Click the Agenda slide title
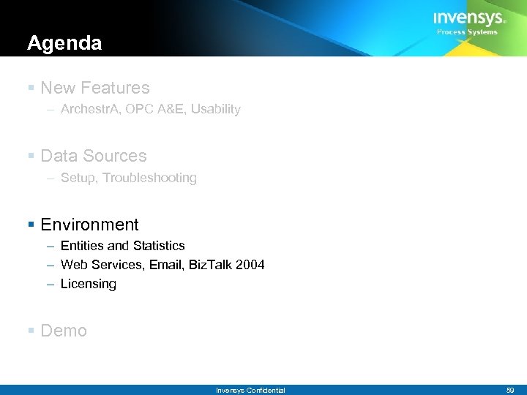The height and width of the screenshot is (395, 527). pos(64,44)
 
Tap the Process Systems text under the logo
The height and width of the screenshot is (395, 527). pos(467,32)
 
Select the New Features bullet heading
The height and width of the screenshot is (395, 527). pos(95,88)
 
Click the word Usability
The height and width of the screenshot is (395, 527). pos(213,109)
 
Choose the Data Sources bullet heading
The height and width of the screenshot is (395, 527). pos(94,156)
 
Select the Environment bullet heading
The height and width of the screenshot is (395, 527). pos(89,225)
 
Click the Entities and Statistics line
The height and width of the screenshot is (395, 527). pos(122,246)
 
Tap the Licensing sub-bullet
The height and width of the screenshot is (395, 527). pos(88,284)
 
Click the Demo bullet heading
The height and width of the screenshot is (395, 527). pos(64,331)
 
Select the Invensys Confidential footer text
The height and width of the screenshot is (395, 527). pos(250,391)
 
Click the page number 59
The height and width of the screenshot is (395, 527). pos(510,391)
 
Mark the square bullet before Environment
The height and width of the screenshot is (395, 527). pos(31,225)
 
